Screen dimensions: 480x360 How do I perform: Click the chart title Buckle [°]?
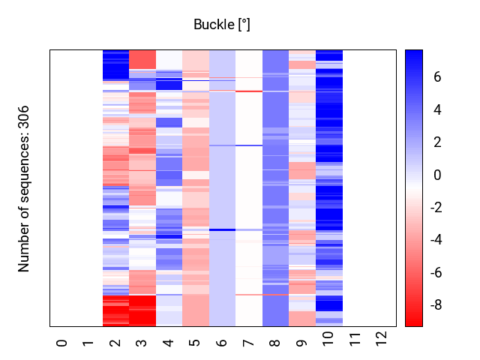222,25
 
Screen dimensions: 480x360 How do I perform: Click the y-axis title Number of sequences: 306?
23,189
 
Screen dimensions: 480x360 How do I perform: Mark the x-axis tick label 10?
328,339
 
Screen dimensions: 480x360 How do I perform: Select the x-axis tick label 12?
382,339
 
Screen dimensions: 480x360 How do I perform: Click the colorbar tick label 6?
437,76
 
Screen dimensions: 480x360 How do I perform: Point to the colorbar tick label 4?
437,109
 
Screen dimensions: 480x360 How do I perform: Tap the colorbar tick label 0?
437,175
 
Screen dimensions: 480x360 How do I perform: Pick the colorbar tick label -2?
436,208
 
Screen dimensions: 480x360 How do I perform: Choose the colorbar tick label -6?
436,273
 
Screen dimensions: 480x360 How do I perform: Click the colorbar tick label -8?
436,305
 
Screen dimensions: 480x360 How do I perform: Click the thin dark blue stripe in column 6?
222,229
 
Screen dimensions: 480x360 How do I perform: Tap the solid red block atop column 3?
142,60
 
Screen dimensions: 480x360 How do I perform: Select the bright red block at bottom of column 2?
115,310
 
